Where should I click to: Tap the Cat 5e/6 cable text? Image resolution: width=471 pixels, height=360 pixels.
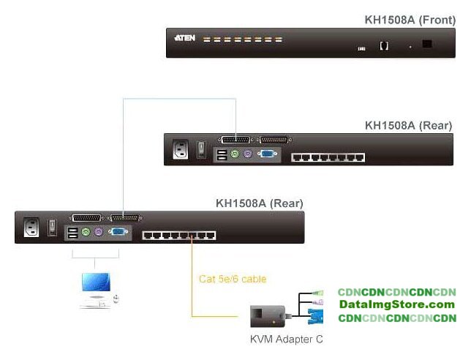(x=233, y=279)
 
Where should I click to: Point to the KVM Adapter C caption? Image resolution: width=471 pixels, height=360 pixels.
(x=286, y=339)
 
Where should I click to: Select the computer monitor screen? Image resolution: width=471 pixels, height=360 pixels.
(x=95, y=282)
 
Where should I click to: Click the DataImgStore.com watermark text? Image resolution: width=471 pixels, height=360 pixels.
(x=396, y=304)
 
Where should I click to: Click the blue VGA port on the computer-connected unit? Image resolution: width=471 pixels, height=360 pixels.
(x=117, y=233)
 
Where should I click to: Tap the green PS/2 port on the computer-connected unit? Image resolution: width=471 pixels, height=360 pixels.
(x=86, y=233)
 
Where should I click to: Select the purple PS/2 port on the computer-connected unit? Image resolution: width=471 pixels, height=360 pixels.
(x=98, y=233)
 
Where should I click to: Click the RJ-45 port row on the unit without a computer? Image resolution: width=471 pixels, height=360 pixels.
(x=328, y=157)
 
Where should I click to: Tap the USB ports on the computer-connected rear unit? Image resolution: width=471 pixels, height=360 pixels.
(x=72, y=233)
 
